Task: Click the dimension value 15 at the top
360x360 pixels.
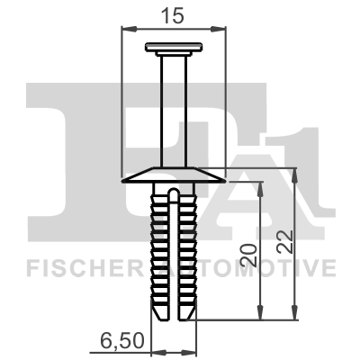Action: (x=172, y=15)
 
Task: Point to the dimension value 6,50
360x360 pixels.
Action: (x=121, y=341)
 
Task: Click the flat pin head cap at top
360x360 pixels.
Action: (x=174, y=47)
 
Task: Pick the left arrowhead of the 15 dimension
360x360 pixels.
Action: (x=129, y=29)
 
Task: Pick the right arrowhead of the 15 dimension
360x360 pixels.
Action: (x=218, y=29)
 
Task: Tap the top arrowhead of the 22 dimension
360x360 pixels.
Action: (x=295, y=175)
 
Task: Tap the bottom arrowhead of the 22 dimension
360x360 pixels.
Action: (x=295, y=312)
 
